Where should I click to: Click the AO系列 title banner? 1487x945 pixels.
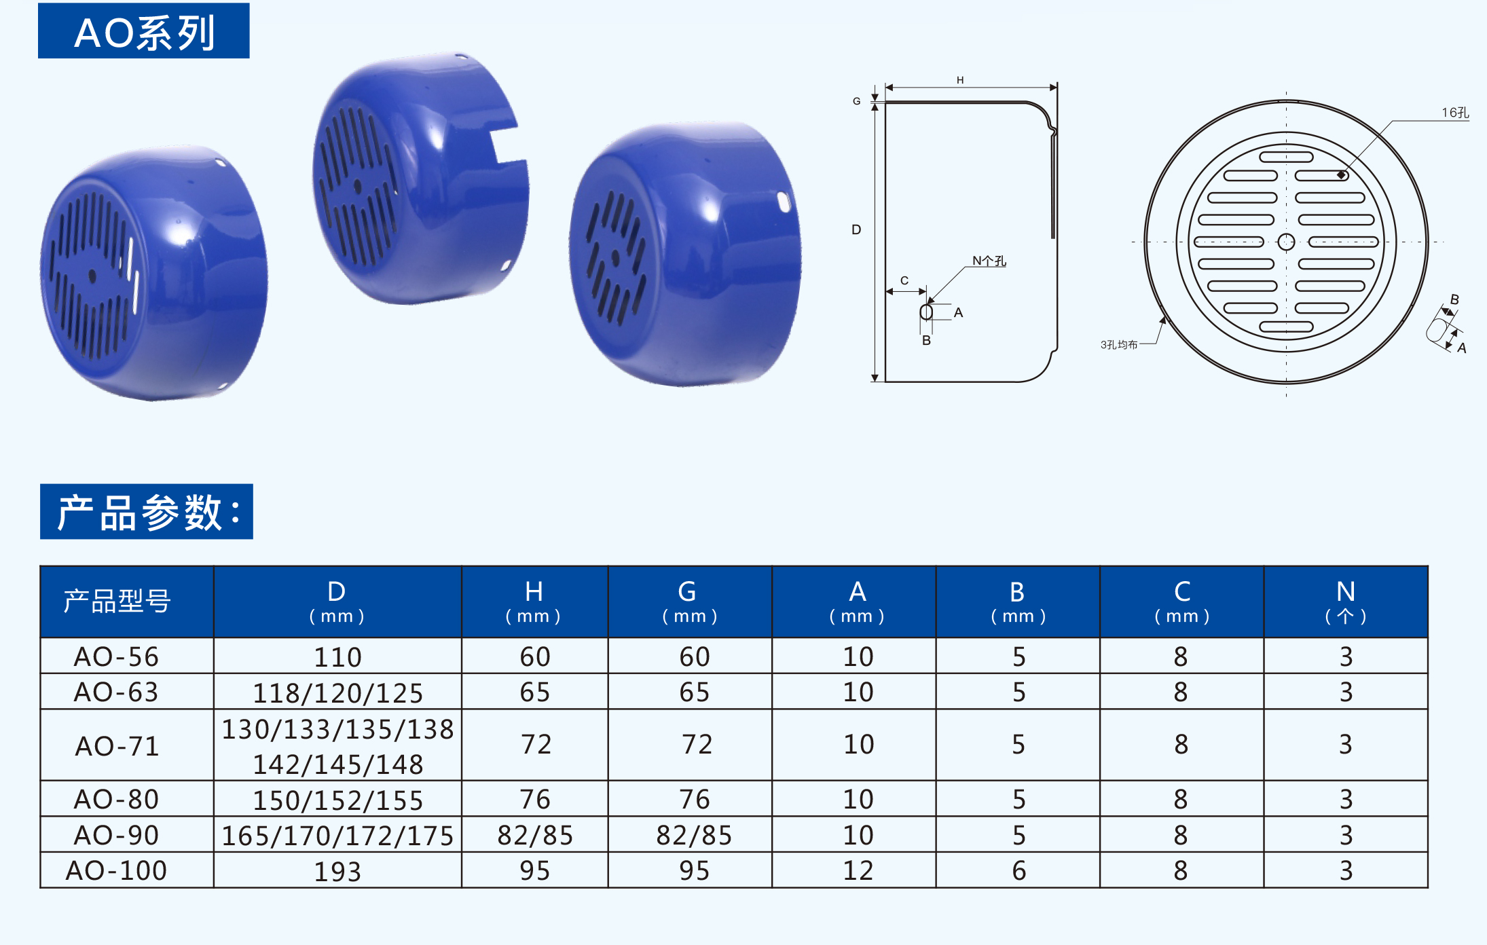point(144,31)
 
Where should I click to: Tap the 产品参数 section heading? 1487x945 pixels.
point(147,511)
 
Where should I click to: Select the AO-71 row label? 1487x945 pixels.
point(117,746)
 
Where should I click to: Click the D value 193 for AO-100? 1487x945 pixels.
point(337,871)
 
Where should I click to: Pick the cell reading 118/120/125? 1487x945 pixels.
point(337,692)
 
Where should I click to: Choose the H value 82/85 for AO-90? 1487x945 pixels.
point(535,835)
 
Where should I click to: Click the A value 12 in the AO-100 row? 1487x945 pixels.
point(858,870)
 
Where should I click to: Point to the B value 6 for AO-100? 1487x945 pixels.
point(1018,870)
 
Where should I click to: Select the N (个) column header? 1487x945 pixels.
point(1346,601)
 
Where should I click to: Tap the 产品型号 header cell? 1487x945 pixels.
point(117,601)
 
